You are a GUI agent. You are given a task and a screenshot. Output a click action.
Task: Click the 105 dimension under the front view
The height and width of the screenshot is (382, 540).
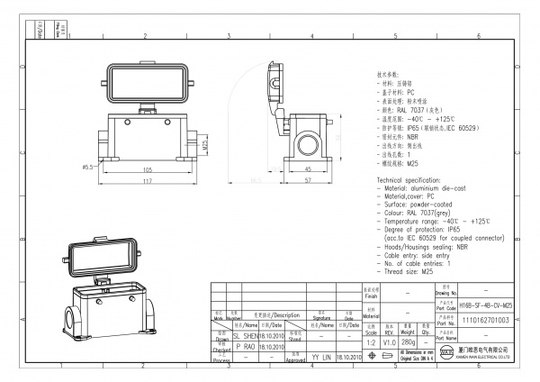(146, 168)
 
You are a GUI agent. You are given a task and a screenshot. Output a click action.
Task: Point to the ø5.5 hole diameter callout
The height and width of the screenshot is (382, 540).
(88, 167)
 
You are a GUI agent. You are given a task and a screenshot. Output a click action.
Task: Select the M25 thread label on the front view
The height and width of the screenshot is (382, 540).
(205, 143)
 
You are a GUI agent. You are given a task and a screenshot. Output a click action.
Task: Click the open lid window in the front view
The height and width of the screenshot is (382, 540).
(146, 86)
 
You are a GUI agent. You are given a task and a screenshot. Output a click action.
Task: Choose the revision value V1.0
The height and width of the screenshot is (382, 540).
(390, 341)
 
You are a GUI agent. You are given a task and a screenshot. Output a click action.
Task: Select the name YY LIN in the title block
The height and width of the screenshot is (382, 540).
(321, 358)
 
